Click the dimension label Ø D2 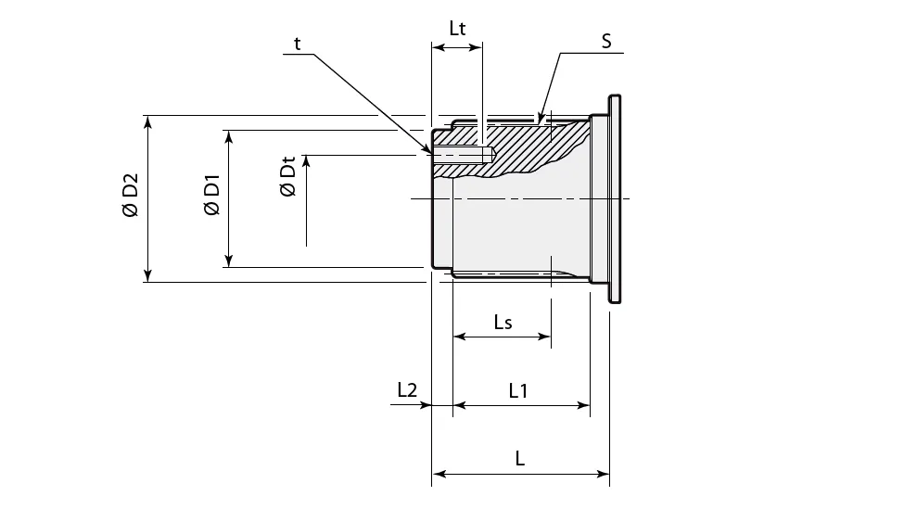coord(130,197)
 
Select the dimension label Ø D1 coord(211,197)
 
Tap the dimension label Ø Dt coord(287,178)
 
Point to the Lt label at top coord(457,28)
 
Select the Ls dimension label coord(503,322)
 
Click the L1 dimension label coord(518,391)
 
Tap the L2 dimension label coord(406,391)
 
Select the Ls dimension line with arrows coord(502,337)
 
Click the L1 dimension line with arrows coord(521,406)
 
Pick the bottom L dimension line coord(520,475)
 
